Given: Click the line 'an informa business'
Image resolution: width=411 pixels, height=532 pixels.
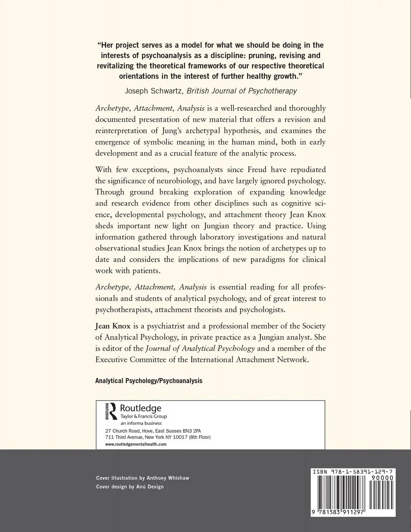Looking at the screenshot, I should click(141, 423).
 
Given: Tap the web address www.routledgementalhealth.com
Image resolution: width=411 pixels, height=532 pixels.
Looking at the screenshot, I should click(136, 444).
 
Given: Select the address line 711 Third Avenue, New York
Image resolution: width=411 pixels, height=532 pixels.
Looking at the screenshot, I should click(158, 437).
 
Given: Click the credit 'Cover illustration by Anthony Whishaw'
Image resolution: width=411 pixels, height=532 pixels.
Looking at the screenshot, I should click(143, 478).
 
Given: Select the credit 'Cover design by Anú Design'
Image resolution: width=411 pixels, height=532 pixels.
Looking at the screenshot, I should click(130, 487).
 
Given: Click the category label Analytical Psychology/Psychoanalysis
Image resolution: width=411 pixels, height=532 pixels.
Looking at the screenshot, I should click(149, 381).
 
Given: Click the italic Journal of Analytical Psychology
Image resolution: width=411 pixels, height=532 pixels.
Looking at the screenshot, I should click(200, 349).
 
